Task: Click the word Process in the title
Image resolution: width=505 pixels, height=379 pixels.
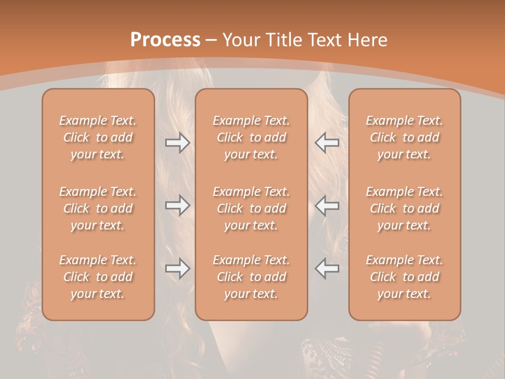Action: (165, 39)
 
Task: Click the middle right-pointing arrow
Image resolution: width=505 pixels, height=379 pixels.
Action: (177, 206)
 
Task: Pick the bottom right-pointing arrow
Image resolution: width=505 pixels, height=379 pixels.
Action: (177, 268)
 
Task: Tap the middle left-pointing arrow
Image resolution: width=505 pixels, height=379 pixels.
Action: (327, 206)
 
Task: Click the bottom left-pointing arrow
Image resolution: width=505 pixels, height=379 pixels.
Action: (327, 268)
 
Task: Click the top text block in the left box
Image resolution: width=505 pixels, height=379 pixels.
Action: (98, 137)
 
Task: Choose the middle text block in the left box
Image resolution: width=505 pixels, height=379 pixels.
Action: (98, 208)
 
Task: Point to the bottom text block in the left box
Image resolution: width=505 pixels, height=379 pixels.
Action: (98, 277)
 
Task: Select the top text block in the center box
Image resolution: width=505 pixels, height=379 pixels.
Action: (251, 137)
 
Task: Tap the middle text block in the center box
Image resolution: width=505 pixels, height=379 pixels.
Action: (251, 208)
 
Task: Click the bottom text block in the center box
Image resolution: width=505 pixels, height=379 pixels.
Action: (251, 277)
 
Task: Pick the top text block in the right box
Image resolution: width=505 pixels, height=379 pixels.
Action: (404, 137)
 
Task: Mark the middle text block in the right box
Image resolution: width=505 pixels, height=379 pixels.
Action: (404, 208)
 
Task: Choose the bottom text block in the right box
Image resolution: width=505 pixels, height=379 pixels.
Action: (404, 277)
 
